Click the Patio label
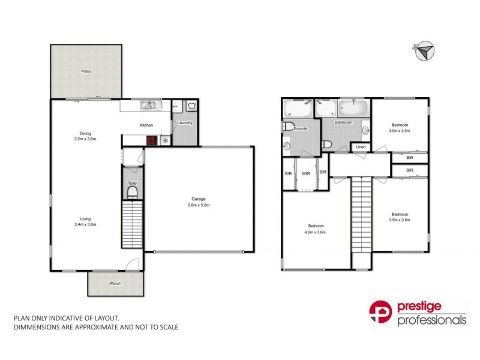[x=86, y=71]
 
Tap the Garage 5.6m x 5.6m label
[x=200, y=202]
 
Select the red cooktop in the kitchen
[x=152, y=140]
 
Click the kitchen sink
[x=148, y=106]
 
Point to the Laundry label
[x=184, y=122]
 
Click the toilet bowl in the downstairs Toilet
[x=133, y=192]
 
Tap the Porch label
[x=115, y=284]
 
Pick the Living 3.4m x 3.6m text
[x=86, y=221]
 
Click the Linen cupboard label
[x=361, y=147]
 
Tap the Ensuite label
[x=301, y=128]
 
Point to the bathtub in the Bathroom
[x=353, y=108]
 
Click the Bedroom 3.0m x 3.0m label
[x=400, y=128]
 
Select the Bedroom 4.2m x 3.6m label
[x=315, y=229]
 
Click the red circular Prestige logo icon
[x=380, y=312]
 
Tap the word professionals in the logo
[x=432, y=320]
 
